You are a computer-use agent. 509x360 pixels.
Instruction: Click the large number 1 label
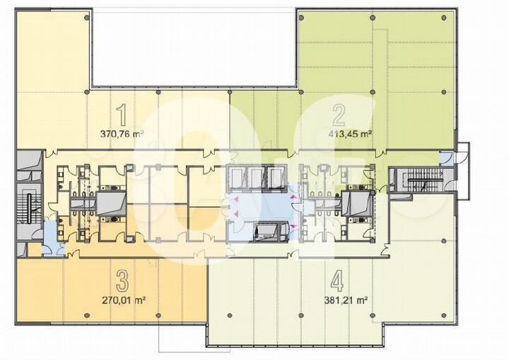click(122, 115)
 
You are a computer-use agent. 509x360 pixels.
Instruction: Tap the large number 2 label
click(339, 115)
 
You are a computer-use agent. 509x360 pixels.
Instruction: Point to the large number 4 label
click(337, 282)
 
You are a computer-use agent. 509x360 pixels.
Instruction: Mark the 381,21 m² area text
click(345, 299)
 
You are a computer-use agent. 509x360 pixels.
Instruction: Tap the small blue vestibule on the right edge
click(447, 158)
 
